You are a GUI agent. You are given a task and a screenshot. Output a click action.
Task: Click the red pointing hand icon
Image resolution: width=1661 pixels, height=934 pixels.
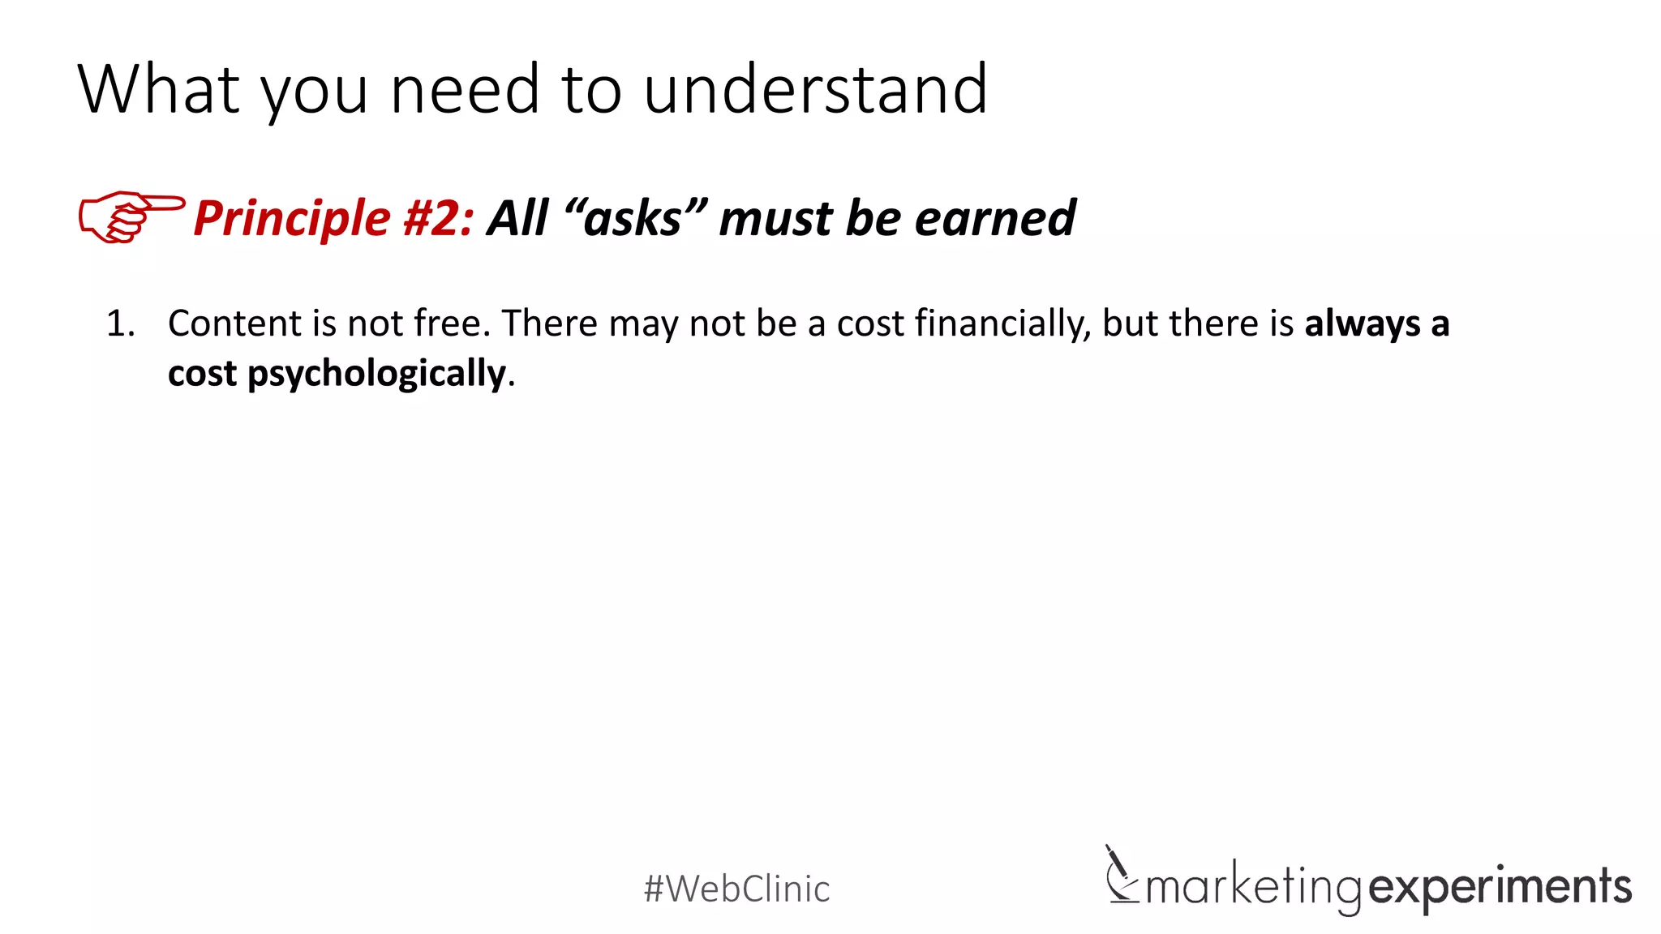tap(130, 216)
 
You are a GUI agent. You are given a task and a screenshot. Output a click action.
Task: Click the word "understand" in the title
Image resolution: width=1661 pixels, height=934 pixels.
tap(815, 89)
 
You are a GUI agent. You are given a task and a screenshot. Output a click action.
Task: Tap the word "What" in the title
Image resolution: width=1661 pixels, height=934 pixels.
tap(159, 89)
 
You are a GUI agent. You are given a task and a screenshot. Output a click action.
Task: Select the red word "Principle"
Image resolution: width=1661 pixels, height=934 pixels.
tap(292, 219)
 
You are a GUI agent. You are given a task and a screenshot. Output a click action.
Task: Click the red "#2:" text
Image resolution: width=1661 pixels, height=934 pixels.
tap(438, 219)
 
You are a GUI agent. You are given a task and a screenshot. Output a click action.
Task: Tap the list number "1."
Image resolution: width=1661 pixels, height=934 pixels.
tap(121, 324)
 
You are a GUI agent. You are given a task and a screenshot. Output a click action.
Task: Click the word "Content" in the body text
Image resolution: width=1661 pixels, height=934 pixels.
tap(234, 323)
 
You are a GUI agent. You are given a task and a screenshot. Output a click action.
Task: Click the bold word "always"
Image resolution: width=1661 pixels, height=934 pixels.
tap(1363, 324)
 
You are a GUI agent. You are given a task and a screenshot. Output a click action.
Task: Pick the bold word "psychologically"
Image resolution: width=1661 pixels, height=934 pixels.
tap(376, 375)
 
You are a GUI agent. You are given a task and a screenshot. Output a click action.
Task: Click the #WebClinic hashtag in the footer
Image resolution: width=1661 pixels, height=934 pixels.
tap(736, 889)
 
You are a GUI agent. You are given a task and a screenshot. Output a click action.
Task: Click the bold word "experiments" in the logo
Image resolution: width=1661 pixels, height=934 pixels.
tap(1500, 886)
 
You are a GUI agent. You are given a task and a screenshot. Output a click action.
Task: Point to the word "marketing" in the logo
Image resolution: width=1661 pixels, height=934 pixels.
tap(1253, 886)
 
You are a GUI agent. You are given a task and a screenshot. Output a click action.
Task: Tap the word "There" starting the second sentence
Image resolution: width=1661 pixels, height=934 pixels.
tap(550, 323)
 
